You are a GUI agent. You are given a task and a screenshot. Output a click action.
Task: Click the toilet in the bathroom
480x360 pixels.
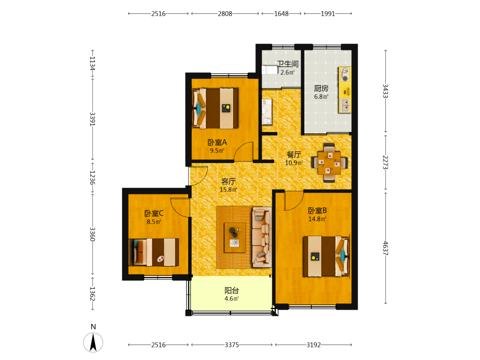click(x=269, y=70)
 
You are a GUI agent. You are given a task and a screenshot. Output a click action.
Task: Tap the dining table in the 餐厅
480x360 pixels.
click(x=329, y=163)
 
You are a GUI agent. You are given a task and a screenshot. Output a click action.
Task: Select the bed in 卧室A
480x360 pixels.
click(x=215, y=108)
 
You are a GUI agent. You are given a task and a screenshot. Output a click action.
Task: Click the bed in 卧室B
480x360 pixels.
click(x=326, y=256)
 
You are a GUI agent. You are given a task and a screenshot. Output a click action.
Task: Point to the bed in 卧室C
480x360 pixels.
click(x=154, y=252)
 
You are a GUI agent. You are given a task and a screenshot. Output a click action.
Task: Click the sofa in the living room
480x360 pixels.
click(x=262, y=237)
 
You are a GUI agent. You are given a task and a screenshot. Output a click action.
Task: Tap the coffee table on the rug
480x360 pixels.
click(x=235, y=238)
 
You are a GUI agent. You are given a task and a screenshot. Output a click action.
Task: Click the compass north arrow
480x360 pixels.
click(x=93, y=342)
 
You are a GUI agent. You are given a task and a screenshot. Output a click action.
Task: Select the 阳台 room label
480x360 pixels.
click(x=232, y=290)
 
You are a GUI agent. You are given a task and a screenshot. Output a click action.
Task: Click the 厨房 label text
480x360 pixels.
click(x=321, y=88)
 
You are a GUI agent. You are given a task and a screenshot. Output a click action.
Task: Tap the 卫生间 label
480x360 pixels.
click(x=288, y=64)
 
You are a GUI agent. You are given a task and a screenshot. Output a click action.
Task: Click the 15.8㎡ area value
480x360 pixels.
click(x=228, y=190)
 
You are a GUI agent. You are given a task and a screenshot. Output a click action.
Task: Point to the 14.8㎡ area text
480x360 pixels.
click(x=317, y=219)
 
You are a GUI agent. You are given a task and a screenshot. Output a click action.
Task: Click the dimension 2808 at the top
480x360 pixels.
click(x=225, y=14)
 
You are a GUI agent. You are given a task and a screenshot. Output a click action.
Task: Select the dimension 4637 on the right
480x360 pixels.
click(x=385, y=248)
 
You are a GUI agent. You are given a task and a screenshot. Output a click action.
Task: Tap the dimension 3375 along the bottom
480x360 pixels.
click(x=232, y=345)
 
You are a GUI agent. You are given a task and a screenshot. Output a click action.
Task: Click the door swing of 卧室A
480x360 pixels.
click(x=244, y=151)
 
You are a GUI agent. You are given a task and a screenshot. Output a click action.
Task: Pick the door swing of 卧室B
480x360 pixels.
click(x=294, y=201)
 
